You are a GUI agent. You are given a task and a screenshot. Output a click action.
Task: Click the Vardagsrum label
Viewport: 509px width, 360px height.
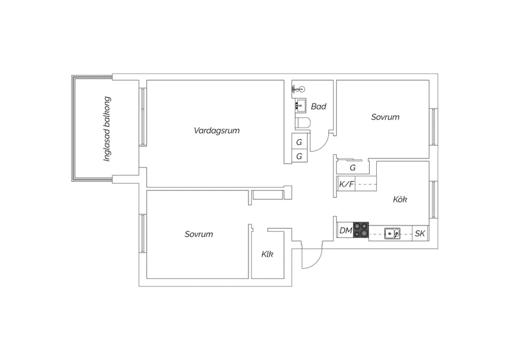(217, 130)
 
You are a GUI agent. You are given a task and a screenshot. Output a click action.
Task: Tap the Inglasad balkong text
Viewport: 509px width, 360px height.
(107, 129)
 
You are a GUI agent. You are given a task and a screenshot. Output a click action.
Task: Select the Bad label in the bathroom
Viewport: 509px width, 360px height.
(319, 106)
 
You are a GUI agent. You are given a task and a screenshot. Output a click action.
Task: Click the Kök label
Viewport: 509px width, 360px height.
(400, 199)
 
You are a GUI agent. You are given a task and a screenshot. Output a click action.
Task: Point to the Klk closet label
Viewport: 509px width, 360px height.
(267, 254)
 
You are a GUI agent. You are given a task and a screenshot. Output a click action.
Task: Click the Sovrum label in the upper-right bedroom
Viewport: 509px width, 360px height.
(385, 117)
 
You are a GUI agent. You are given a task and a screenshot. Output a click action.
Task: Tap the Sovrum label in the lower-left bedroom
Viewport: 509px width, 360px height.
(199, 234)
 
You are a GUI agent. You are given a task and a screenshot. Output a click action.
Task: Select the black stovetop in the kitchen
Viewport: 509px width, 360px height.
(361, 230)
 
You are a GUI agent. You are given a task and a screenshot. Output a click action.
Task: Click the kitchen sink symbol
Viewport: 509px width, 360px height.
(392, 233)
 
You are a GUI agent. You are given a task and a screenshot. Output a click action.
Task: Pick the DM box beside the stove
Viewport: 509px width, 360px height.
(345, 231)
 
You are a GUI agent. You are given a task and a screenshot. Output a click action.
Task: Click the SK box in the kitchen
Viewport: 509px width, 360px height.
(420, 233)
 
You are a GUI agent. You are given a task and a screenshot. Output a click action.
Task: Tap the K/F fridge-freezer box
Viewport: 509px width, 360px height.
(346, 184)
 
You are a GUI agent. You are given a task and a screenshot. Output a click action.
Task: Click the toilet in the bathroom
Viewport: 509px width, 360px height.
(303, 123)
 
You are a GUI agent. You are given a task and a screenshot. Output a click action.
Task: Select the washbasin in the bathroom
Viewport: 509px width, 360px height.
(301, 105)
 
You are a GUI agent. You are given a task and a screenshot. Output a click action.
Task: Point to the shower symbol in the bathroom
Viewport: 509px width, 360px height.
(299, 89)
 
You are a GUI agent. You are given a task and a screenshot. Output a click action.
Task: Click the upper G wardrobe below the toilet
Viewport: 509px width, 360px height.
(299, 141)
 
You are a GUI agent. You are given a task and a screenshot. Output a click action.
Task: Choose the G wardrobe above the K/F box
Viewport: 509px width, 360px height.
(352, 168)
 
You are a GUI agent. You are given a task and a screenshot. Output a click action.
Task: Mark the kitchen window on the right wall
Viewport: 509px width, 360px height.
(433, 199)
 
